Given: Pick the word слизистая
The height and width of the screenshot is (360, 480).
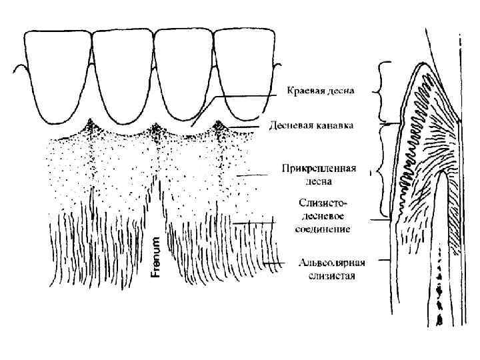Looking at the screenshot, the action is tap(327, 275).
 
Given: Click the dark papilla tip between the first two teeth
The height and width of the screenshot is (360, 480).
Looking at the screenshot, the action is tap(91, 126).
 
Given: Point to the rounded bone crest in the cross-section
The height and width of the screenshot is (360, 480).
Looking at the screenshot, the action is tap(443, 175).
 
